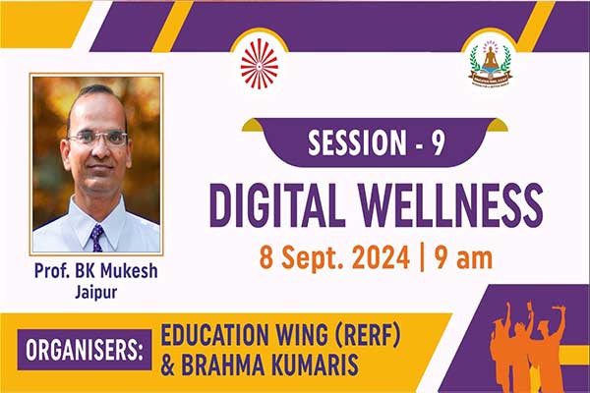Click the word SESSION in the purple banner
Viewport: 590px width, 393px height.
pos(358,142)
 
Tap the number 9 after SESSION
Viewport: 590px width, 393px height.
pos(438,142)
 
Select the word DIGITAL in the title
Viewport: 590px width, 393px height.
pos(277,205)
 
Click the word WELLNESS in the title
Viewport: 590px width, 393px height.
pos(450,205)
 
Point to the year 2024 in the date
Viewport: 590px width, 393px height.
pos(382,258)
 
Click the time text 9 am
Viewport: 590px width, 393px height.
pos(463,258)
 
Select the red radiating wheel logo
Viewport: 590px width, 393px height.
pos(260,64)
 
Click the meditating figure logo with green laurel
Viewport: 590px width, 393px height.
pos(491,63)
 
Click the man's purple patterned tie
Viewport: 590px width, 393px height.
pos(97,238)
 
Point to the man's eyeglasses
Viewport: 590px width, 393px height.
pos(98,139)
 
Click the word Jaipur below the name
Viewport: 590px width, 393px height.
pos(96,292)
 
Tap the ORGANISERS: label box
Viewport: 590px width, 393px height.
pos(85,350)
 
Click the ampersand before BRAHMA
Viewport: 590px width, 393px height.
pos(167,365)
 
